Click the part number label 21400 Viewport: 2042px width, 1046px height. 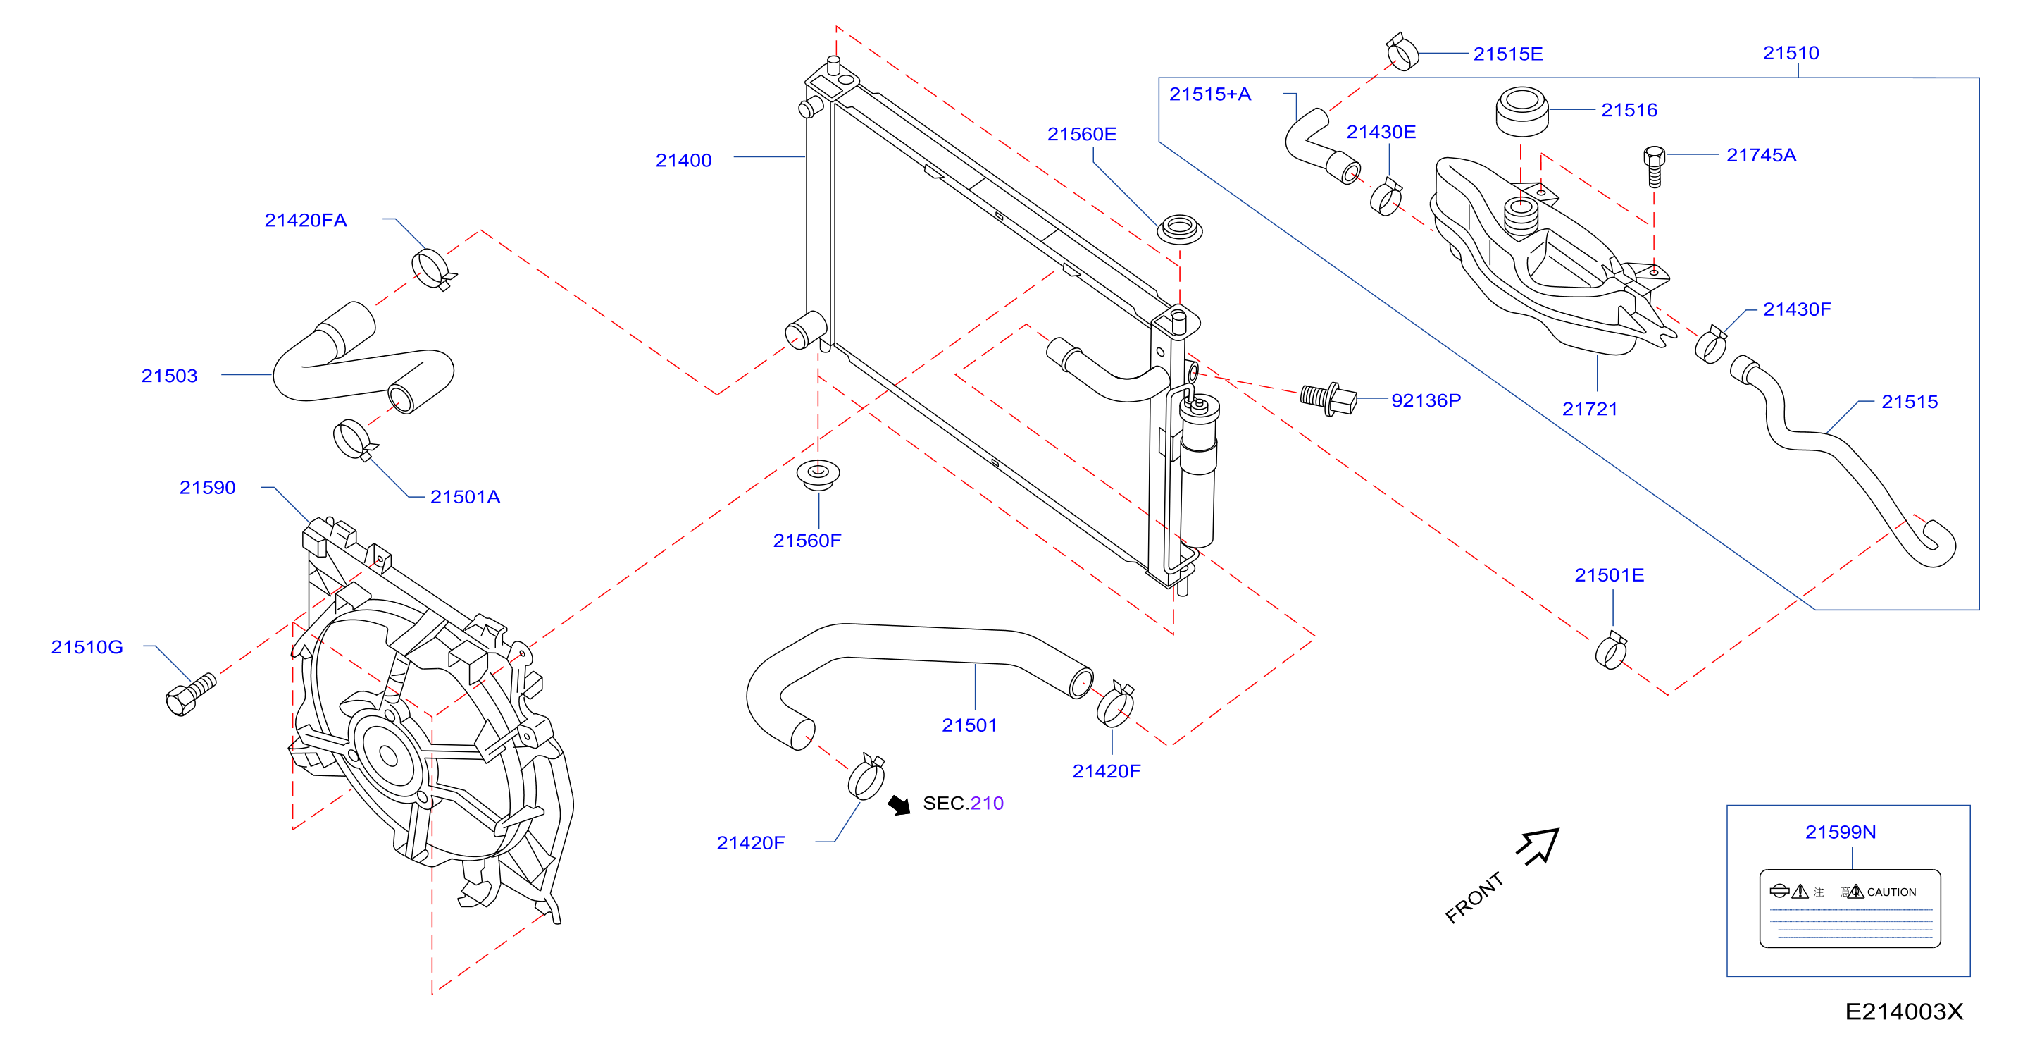pyautogui.click(x=683, y=160)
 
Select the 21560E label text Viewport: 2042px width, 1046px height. pyautogui.click(x=1081, y=134)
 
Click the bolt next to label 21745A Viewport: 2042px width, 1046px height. pyautogui.click(x=1654, y=166)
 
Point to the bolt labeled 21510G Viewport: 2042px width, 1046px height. pyautogui.click(x=190, y=695)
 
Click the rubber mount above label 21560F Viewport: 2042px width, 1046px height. pyautogui.click(x=818, y=474)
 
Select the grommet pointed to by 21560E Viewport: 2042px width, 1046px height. pyautogui.click(x=1180, y=230)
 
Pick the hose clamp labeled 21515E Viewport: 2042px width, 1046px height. pyautogui.click(x=1402, y=51)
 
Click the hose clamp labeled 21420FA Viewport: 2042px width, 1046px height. pyautogui.click(x=432, y=268)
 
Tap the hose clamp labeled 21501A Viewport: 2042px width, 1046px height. pyautogui.click(x=354, y=440)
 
